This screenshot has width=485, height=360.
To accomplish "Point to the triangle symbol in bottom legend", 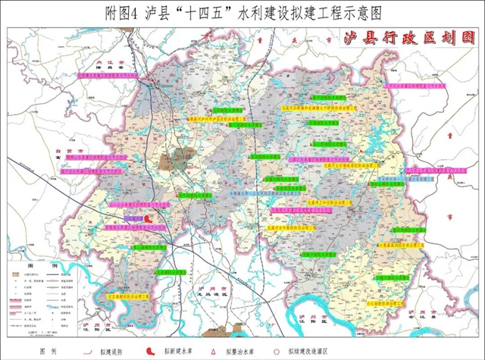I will [x=217, y=351].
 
